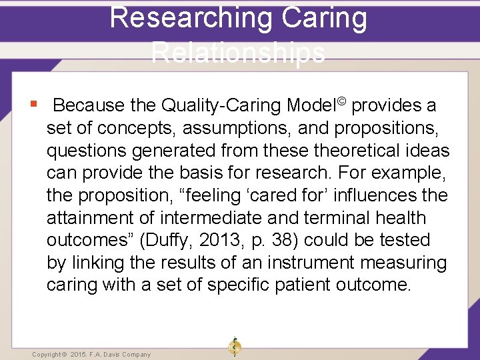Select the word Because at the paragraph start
coord(89,105)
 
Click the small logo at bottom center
coord(234,346)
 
